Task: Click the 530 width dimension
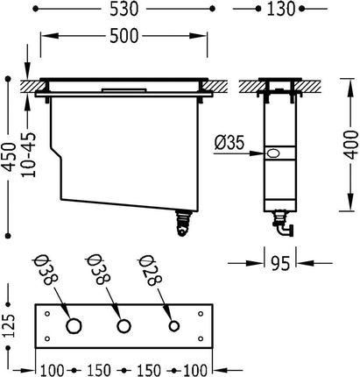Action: coord(124,9)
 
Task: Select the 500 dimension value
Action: coord(124,36)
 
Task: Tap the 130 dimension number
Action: coord(280,9)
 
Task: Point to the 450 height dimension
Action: coord(10,157)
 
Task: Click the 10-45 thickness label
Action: coord(29,155)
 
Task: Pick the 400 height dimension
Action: coord(349,145)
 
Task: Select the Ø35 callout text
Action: coord(229,143)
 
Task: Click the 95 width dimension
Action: coord(280,263)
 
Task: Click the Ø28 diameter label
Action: coord(151,271)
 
